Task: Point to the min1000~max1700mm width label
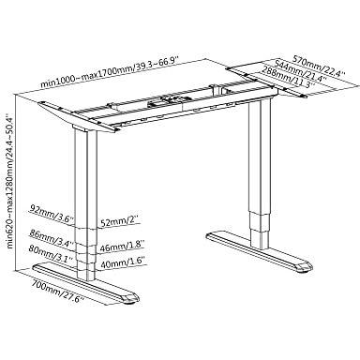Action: pyautogui.click(x=110, y=73)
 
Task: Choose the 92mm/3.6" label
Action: pyautogui.click(x=52, y=212)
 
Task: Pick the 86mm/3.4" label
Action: pyautogui.click(x=51, y=237)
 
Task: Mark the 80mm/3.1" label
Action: pyautogui.click(x=51, y=253)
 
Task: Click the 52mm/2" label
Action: pyautogui.click(x=119, y=222)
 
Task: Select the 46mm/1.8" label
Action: pyautogui.click(x=122, y=247)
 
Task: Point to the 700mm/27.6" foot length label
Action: pyautogui.click(x=58, y=292)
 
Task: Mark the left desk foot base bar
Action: pyautogui.click(x=85, y=283)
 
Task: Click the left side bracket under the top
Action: pyautogui.click(x=78, y=117)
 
